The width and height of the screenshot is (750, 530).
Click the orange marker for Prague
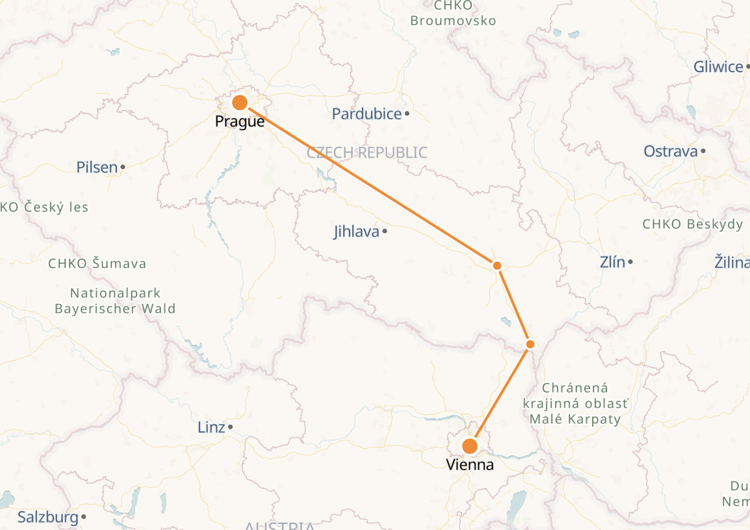[240, 103]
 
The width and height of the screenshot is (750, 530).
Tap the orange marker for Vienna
[469, 446]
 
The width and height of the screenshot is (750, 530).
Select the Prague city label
[240, 121]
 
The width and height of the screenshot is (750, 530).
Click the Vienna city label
[469, 465]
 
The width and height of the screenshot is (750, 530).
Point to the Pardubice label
[367, 114]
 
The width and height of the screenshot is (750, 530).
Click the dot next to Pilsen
[123, 168]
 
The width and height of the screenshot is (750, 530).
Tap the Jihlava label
[356, 231]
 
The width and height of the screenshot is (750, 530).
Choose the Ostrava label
[670, 151]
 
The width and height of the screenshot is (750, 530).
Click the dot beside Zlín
[630, 262]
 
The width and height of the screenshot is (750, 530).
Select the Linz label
[211, 427]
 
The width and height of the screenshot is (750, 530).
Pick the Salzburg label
[47, 518]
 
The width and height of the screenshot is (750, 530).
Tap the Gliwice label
[718, 66]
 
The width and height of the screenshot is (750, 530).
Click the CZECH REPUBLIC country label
[367, 153]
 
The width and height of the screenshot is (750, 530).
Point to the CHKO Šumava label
[97, 264]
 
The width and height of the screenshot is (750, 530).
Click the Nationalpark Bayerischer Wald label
[115, 301]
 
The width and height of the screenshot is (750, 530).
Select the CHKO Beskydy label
[692, 224]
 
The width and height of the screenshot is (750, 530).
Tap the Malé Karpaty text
[575, 419]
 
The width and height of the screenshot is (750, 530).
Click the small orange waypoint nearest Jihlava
[497, 265]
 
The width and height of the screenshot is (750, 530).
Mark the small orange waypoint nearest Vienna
[530, 344]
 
